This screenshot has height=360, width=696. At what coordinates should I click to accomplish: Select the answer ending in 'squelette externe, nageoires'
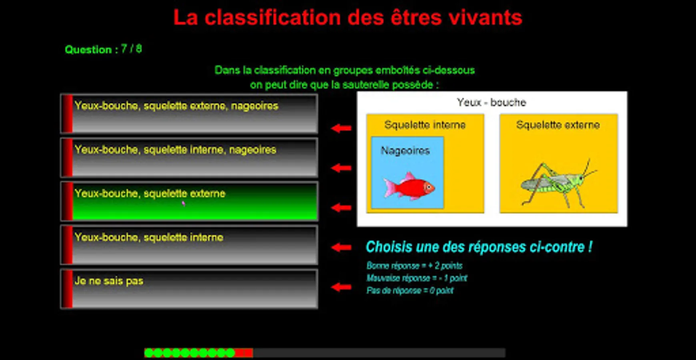pos(189,114)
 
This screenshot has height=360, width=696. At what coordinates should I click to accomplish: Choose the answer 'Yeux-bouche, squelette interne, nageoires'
pos(189,158)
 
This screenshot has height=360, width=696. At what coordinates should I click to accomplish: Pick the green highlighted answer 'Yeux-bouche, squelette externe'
pos(189,201)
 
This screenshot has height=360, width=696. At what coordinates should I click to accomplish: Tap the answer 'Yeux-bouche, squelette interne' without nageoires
pos(189,245)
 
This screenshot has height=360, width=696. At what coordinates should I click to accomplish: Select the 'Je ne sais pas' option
pos(189,289)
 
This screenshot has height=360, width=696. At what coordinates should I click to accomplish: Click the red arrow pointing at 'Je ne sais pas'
pos(341,287)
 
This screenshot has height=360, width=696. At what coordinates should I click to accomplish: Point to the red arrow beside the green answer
pos(341,207)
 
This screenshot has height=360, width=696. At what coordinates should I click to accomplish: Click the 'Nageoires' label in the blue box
pos(405,151)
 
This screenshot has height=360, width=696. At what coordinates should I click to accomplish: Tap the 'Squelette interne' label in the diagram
pos(425,125)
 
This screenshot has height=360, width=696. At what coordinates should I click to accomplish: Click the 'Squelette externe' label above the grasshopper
pos(558,125)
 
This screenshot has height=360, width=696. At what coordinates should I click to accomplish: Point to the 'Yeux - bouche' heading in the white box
pos(491,102)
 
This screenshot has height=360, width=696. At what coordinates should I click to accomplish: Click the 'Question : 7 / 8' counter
pos(103,49)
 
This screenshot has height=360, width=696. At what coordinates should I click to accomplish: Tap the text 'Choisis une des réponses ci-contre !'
pos(479,247)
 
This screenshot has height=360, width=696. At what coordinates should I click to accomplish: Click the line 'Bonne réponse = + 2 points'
pos(414,266)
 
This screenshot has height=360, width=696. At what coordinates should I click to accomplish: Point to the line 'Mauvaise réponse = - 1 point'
pos(417,278)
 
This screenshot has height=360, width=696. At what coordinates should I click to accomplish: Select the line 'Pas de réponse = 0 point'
pos(410,290)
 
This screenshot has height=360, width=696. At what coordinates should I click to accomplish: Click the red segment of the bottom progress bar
pos(244,353)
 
